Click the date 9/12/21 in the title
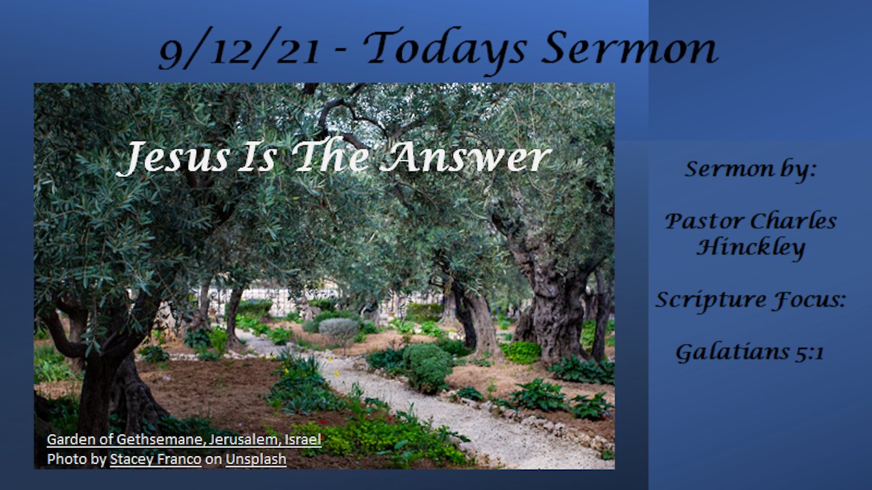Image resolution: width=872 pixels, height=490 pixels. (x=239, y=48)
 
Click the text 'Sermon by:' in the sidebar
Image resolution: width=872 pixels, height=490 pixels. (x=750, y=170)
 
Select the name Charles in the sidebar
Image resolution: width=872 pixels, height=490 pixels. (x=794, y=221)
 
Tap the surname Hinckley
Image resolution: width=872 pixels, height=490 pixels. (x=751, y=248)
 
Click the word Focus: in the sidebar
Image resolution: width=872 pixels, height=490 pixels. (x=808, y=300)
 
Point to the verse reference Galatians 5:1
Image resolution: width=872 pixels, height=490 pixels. (x=750, y=353)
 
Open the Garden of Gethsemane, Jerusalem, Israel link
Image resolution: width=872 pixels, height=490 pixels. (x=184, y=440)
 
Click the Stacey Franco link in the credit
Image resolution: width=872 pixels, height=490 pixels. (x=156, y=459)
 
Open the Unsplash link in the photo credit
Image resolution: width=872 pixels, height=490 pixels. (x=256, y=459)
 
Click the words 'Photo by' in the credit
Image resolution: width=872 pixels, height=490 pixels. (x=77, y=459)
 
